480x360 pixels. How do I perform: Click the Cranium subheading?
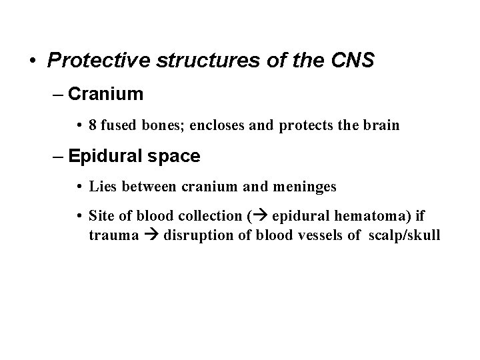(105, 94)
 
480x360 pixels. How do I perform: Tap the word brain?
(382, 125)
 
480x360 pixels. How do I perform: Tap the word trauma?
(112, 236)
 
